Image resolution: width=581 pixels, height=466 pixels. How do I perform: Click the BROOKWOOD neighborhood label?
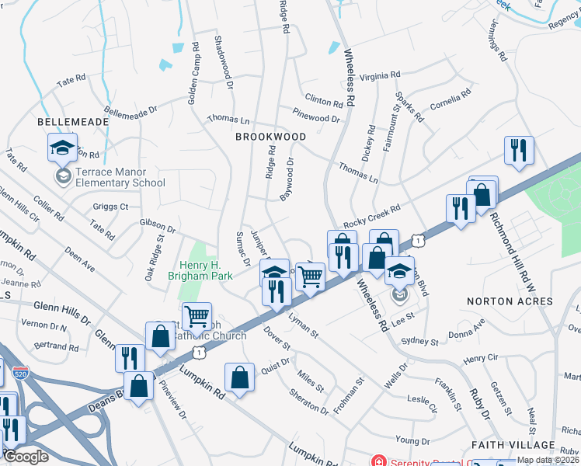pos(270,136)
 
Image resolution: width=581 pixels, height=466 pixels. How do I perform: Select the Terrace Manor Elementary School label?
pos(120,178)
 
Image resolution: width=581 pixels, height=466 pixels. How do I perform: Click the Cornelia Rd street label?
pos(451,99)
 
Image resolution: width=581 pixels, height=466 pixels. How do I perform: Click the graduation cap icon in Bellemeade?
pos(63,147)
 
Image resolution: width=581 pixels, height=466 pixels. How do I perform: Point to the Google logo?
pos(26,457)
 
